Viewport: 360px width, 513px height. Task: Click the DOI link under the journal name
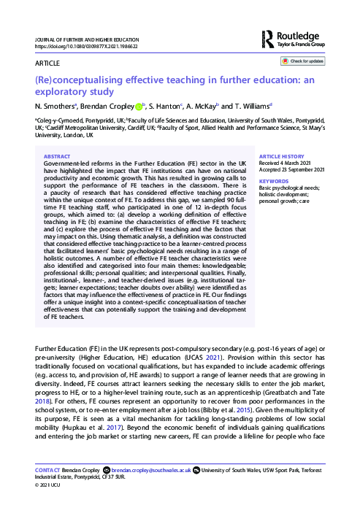(x=78, y=46)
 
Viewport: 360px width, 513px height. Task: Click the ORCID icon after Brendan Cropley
(x=139, y=105)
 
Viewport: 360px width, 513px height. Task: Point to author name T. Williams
(x=253, y=106)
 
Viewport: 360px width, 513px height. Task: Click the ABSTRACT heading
(x=58, y=156)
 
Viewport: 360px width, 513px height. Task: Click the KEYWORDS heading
(x=274, y=180)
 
